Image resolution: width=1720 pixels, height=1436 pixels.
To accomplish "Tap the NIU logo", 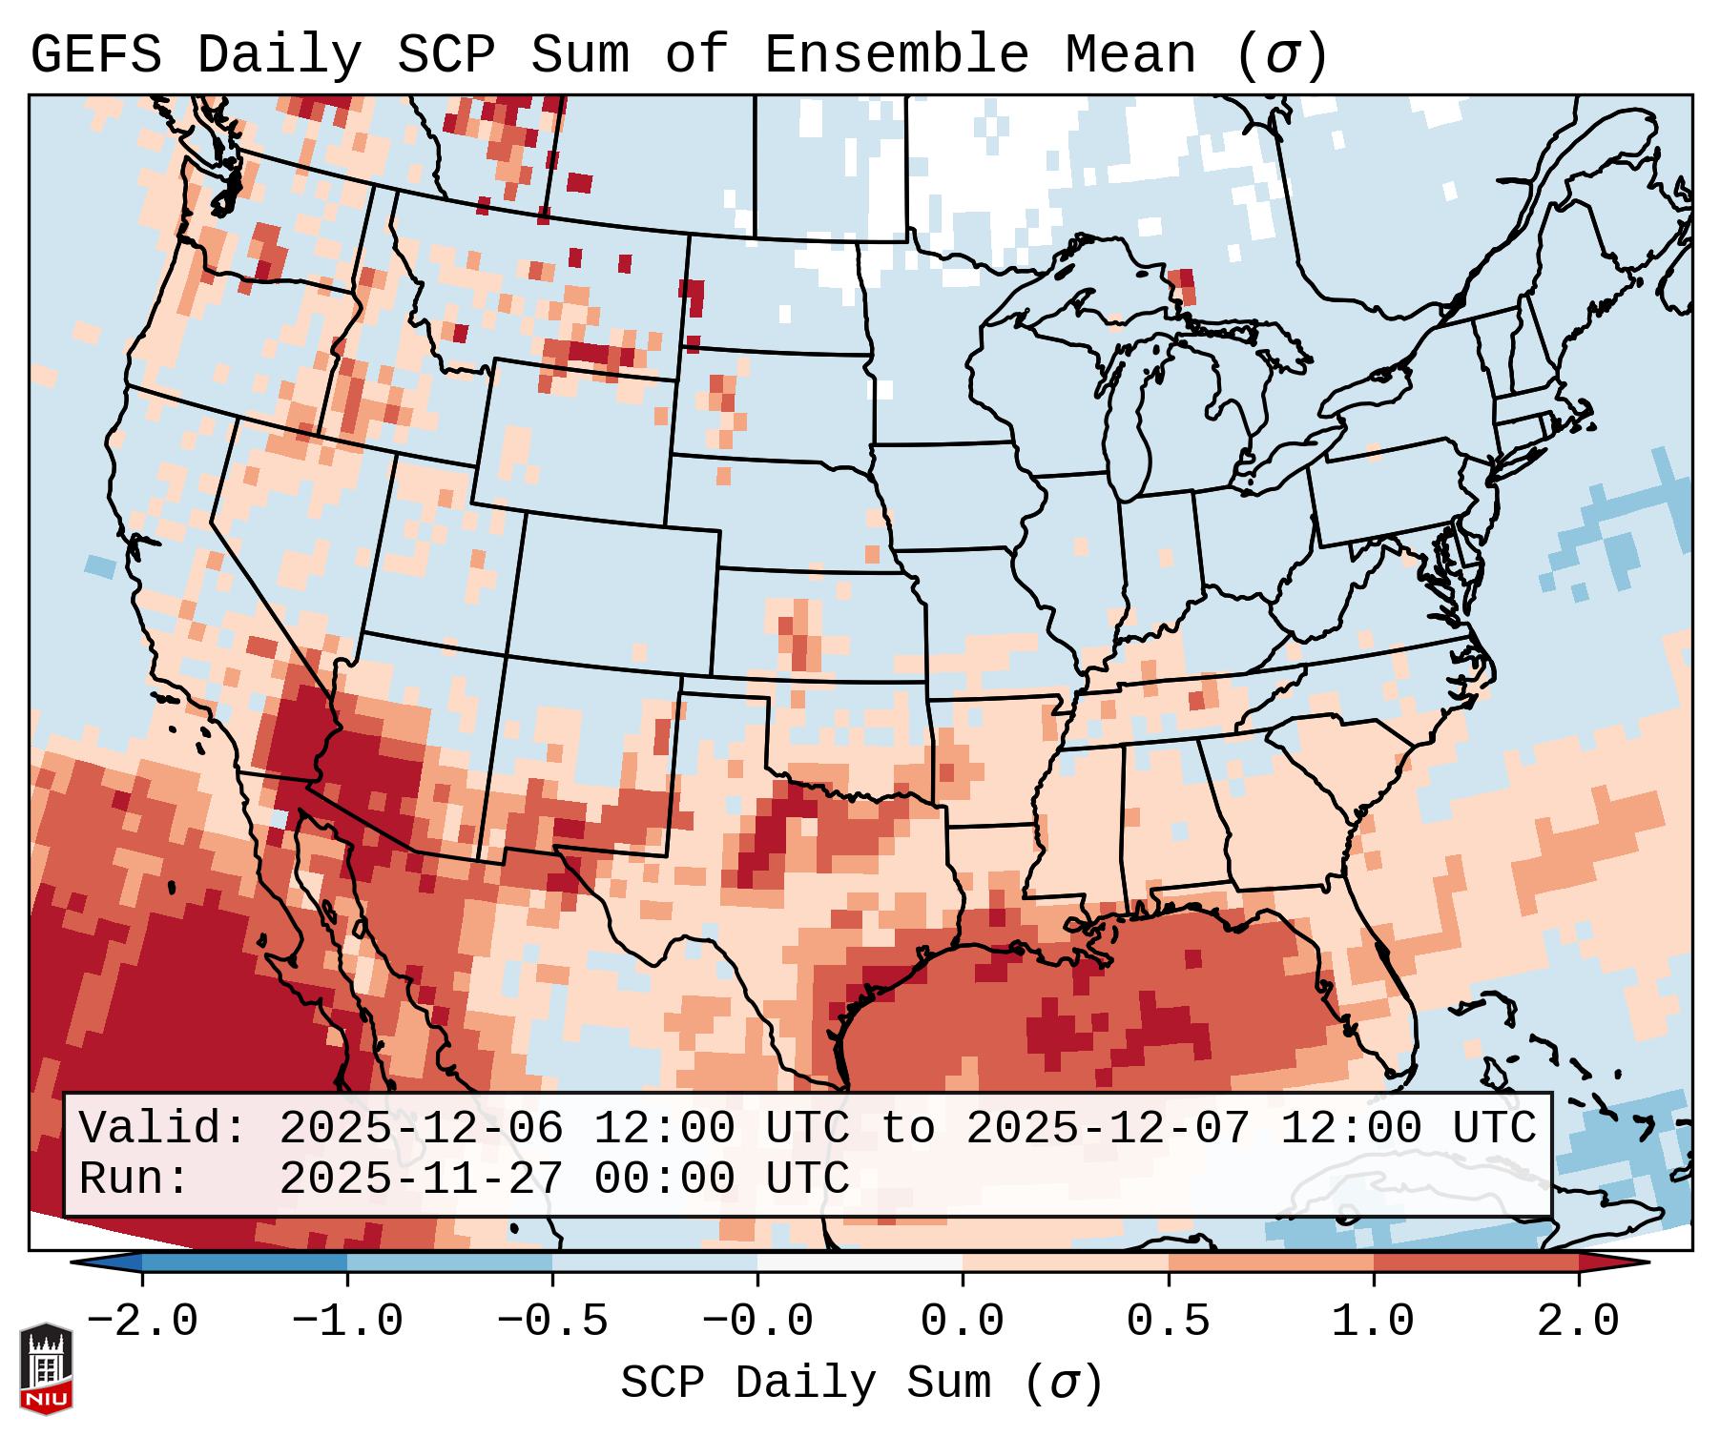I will coord(46,1368).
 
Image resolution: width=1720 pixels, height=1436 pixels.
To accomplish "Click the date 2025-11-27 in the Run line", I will coord(421,1180).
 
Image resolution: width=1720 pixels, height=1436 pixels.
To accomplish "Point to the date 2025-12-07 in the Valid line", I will coord(1108,1129).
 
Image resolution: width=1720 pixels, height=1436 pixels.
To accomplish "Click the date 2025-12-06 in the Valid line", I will coord(421,1129).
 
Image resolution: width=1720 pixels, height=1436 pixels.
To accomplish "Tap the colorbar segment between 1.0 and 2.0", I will coord(1476,1262).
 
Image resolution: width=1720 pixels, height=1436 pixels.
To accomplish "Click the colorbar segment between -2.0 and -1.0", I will coord(244,1262).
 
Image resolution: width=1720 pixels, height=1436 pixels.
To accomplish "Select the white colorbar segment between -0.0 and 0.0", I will coord(860,1262).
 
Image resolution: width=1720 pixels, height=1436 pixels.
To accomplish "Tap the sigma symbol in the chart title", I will coord(1281,55).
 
